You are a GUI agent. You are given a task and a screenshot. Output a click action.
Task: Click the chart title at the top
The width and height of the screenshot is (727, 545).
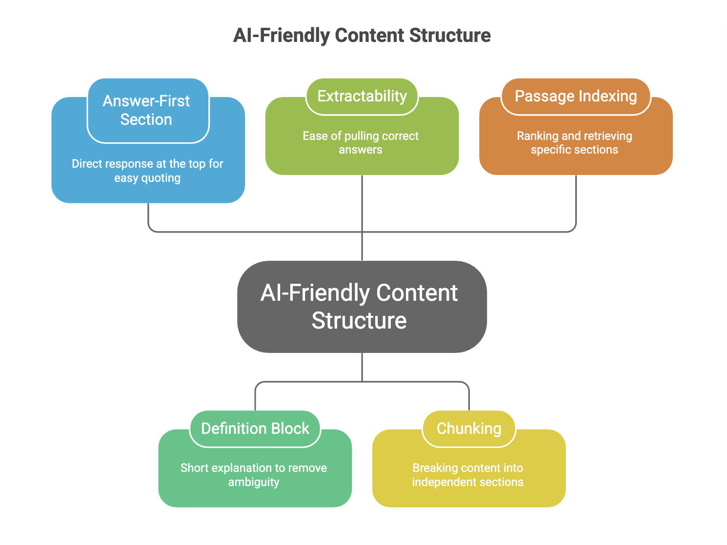(x=362, y=36)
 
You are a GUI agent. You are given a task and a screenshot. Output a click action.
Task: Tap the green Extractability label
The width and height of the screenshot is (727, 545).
(x=362, y=97)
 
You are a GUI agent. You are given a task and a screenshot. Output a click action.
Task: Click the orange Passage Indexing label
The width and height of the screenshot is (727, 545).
(x=576, y=97)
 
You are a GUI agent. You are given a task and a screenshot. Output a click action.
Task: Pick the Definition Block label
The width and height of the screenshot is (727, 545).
(x=255, y=428)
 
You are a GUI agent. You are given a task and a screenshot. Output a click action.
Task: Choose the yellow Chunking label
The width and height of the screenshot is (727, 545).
(x=469, y=428)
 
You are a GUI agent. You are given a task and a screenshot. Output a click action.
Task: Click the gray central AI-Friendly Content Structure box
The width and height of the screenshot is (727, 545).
(x=362, y=307)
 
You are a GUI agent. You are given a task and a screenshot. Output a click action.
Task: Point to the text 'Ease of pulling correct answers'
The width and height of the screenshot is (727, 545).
(x=361, y=143)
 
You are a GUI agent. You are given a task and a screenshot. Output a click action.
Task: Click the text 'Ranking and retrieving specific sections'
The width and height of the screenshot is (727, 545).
(x=575, y=143)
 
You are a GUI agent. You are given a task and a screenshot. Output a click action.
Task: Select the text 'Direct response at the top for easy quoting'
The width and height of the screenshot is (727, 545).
(x=148, y=171)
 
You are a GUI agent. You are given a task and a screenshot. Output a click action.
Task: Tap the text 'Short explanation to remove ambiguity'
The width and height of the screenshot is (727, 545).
(x=254, y=475)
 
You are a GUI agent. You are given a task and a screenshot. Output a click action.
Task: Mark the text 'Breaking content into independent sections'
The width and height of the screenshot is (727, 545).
(x=468, y=475)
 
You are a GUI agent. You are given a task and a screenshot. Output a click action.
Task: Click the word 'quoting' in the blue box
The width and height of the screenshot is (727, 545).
(x=162, y=178)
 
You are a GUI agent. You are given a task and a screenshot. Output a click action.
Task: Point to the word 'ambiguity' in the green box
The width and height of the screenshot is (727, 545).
(x=254, y=482)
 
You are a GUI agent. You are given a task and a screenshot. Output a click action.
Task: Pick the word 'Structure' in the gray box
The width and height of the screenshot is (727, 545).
(x=359, y=321)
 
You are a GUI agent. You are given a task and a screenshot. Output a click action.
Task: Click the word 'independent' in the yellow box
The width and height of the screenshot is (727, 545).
(x=441, y=482)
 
